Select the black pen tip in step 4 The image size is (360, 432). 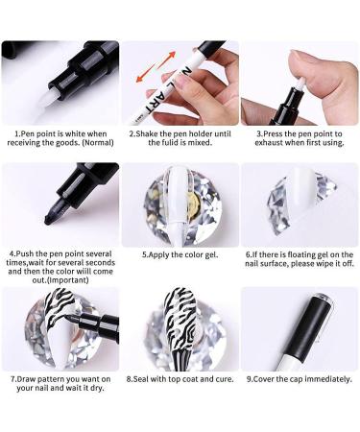tap(36, 209)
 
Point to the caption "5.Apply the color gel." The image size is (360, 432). tap(180, 255)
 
